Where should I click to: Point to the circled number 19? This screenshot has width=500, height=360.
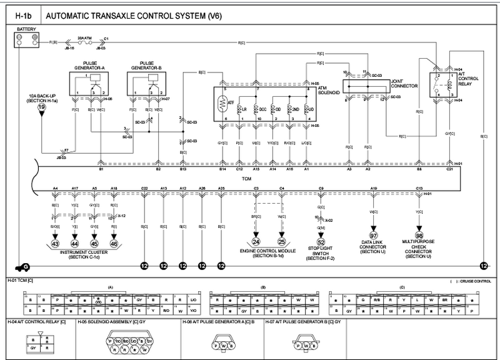click(42, 107)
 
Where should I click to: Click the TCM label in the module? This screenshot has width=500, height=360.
click(246, 177)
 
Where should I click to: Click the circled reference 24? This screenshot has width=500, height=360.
click(256, 241)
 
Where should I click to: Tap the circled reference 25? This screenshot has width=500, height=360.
click(281, 241)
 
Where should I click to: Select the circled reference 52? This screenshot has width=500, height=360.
click(321, 242)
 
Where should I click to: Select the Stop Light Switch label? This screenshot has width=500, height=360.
click(321, 254)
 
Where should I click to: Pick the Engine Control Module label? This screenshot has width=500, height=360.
click(268, 251)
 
